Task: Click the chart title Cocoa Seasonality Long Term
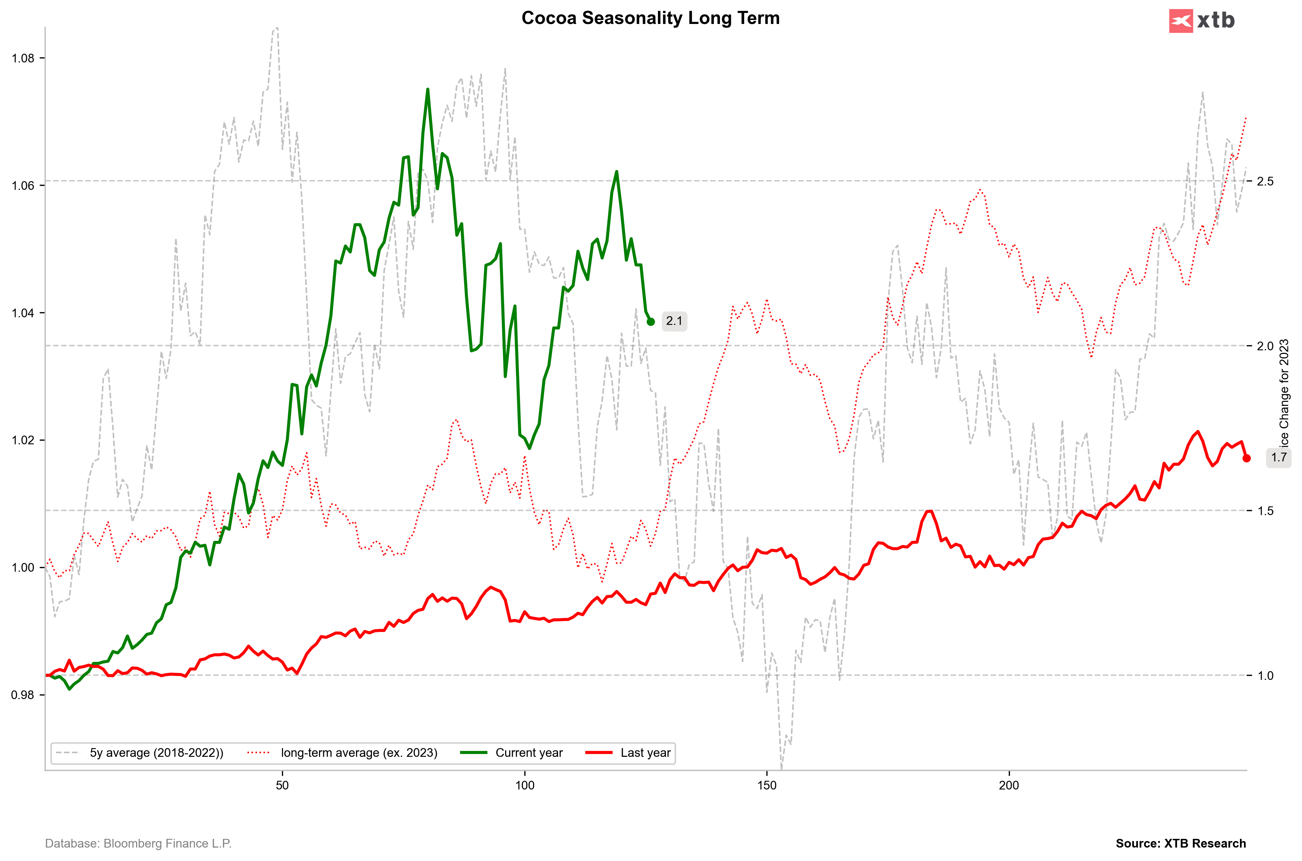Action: click(650, 18)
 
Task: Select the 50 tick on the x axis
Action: click(282, 785)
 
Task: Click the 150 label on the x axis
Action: click(767, 785)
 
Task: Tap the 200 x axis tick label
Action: click(1009, 785)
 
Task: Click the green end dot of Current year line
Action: click(650, 322)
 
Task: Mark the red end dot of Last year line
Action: click(1246, 458)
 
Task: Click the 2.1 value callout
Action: click(674, 321)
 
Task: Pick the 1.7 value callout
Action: click(1279, 457)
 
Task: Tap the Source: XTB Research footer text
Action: click(1181, 844)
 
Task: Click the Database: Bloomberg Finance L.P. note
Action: click(138, 844)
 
